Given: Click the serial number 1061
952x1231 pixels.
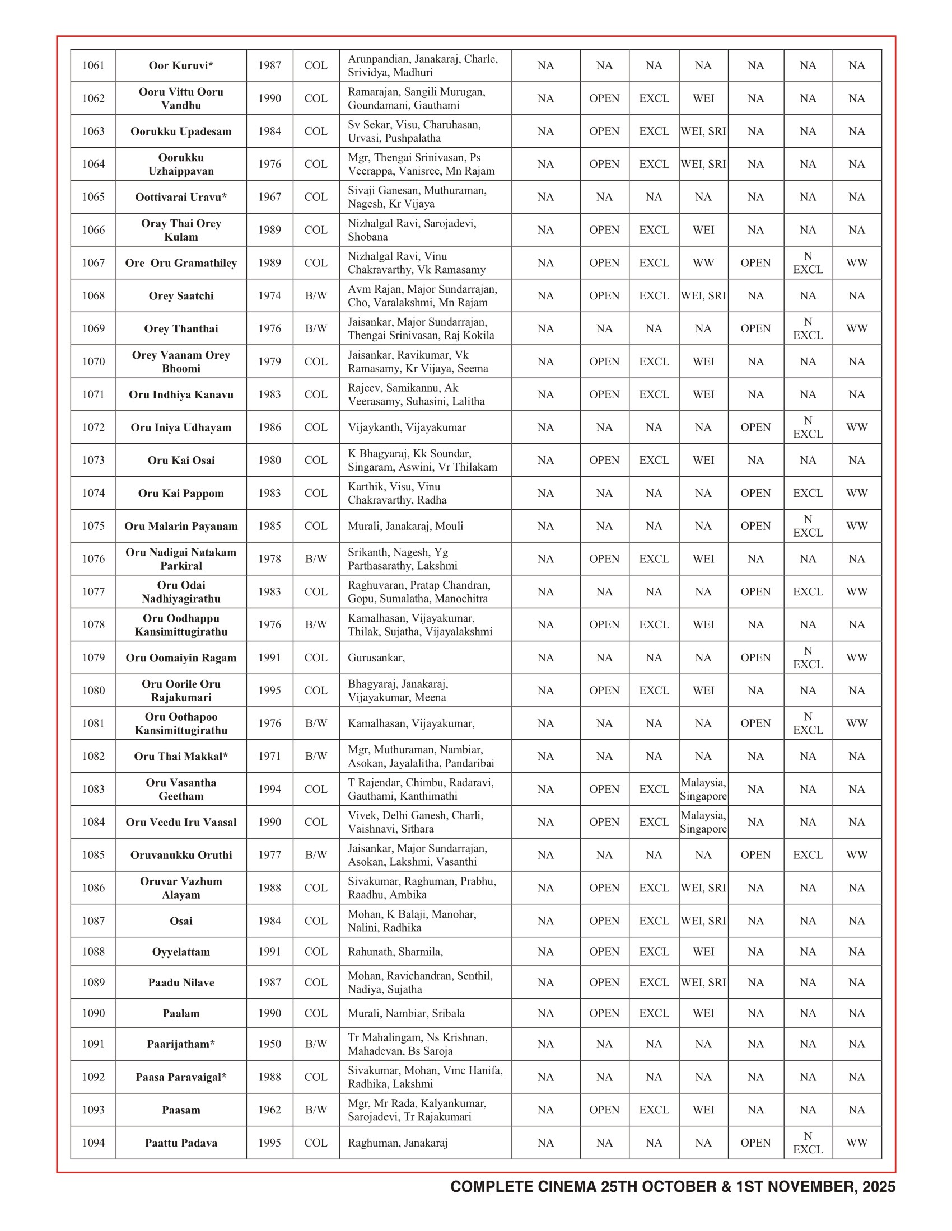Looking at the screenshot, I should coord(93,65).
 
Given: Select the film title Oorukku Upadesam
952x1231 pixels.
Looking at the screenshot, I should coord(181,131).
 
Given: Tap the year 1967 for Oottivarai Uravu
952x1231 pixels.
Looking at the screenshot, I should coord(269,197).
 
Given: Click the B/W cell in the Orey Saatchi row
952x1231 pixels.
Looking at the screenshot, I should coord(316,296).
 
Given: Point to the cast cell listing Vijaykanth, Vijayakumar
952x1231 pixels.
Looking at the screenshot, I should coord(407,427).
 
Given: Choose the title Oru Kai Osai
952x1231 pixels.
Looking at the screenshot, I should coord(181,461).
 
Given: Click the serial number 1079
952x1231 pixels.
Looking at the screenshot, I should coord(93,658).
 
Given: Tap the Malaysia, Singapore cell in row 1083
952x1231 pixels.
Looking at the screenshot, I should coord(703,789).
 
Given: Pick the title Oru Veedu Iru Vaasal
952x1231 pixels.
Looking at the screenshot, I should coord(181,823).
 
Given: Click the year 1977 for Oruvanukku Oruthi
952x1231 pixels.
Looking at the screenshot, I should coord(269,855).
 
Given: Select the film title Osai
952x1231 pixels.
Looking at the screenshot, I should coord(181,921).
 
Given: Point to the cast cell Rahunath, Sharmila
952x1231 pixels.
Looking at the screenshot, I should coord(395,952).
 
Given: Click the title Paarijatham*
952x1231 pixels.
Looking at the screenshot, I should coord(181,1045).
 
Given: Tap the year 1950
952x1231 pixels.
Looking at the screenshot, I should coord(269,1045).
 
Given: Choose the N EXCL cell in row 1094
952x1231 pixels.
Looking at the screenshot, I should coord(808,1143).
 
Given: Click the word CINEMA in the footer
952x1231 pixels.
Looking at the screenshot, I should coord(567,1187).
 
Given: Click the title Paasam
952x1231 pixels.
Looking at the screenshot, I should coord(181,1110).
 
